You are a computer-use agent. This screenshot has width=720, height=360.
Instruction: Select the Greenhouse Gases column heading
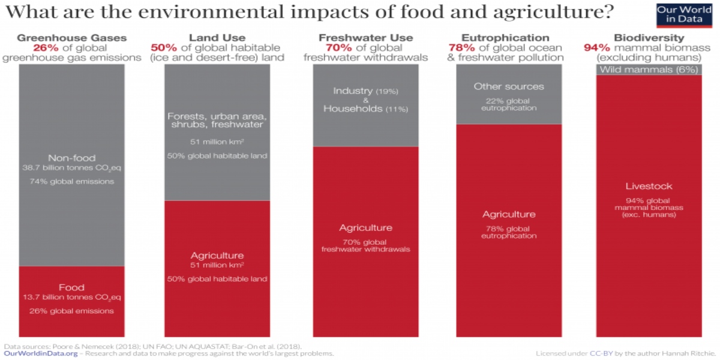tap(71, 38)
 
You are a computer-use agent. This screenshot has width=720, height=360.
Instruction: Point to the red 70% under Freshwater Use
tap(337, 47)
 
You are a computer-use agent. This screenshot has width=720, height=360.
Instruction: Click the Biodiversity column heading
tap(649, 38)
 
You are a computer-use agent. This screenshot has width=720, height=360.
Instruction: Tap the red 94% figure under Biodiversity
tap(597, 47)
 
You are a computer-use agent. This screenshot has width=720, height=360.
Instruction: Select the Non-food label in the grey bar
tap(71, 158)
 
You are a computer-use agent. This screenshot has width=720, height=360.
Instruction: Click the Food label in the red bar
tap(71, 287)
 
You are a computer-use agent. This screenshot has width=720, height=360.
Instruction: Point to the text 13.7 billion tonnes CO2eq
tap(71, 298)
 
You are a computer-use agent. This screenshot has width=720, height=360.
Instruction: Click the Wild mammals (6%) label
tap(649, 70)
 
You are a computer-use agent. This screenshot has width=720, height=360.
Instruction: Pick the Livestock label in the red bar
tap(649, 186)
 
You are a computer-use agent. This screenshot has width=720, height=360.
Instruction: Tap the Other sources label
tap(508, 86)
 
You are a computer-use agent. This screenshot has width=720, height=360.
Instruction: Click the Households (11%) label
tap(365, 109)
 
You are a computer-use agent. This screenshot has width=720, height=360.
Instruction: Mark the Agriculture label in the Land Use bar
tap(217, 255)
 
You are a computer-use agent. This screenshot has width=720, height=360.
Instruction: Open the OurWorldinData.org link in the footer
tap(41, 354)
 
